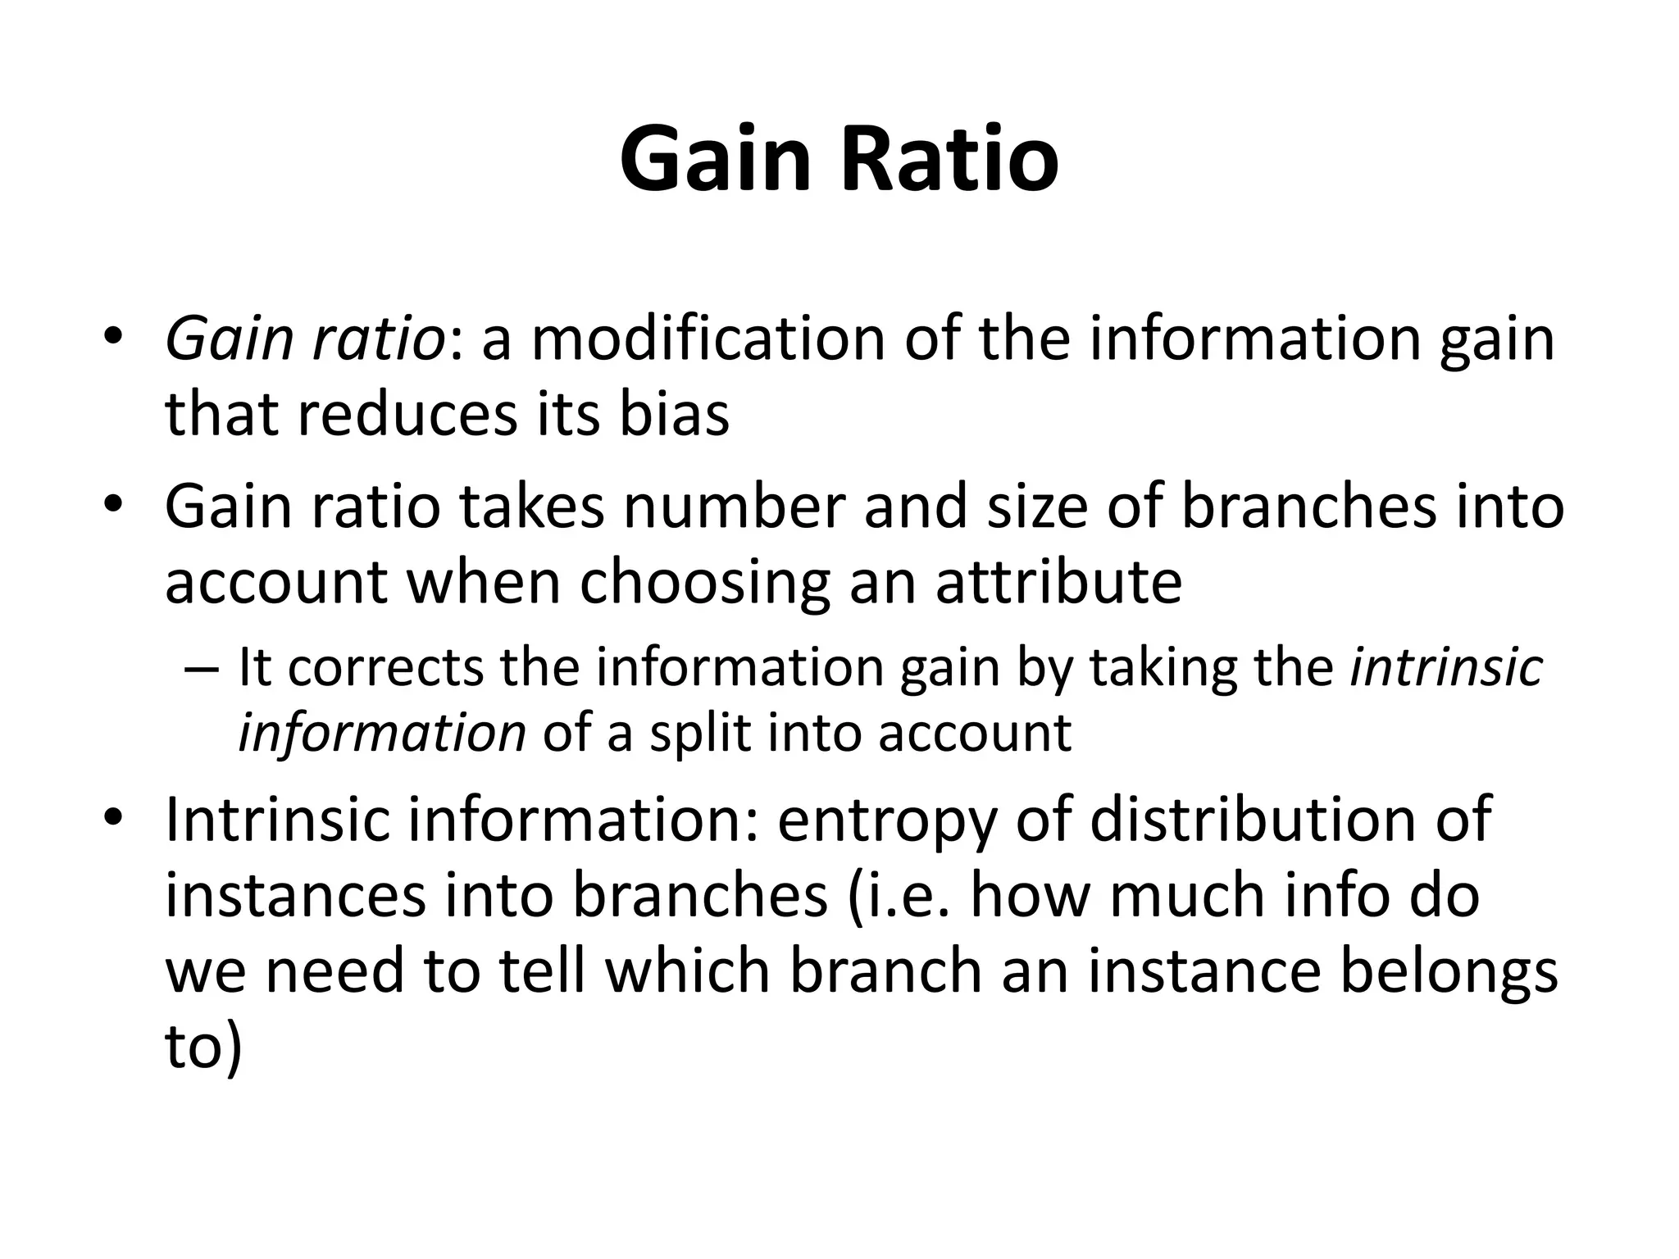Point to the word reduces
coord(407,414)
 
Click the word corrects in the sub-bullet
coord(385,667)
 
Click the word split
coord(699,733)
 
